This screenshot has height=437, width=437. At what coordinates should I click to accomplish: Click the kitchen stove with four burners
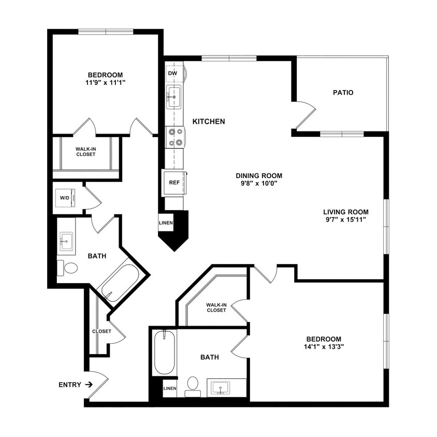174,137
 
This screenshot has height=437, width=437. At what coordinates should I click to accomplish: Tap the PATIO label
343,93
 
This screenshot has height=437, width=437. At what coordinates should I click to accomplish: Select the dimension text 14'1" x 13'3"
325,347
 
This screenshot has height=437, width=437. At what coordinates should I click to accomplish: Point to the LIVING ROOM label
345,212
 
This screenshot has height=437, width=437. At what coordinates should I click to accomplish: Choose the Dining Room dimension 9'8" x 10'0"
259,184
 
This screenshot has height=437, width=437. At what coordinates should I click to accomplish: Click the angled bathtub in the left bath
119,283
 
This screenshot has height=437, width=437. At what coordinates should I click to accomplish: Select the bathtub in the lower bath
165,352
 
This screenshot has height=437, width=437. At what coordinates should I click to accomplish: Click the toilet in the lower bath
193,385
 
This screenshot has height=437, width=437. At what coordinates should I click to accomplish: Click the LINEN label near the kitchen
166,223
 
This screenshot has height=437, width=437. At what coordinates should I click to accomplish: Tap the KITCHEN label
209,122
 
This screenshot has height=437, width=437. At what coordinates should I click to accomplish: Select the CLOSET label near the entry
101,331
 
